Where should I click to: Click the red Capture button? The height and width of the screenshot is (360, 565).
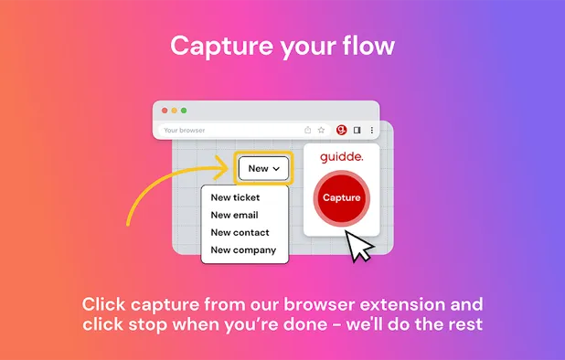click(342, 198)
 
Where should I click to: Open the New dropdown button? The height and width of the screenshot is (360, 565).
click(263, 168)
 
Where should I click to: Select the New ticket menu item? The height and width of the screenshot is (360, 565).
click(235, 197)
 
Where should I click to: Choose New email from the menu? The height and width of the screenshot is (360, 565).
click(234, 215)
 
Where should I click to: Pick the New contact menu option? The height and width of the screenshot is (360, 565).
click(240, 232)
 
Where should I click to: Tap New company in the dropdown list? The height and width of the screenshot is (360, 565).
click(243, 249)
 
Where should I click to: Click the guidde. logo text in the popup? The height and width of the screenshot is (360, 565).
click(342, 157)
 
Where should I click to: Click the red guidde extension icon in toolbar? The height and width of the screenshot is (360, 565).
click(342, 130)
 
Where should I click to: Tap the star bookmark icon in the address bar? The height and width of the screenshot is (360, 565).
click(321, 130)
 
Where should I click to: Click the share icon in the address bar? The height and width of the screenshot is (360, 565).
click(308, 130)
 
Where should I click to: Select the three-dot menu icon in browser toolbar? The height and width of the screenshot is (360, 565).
click(371, 130)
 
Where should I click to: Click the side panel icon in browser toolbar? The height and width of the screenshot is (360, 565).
click(357, 130)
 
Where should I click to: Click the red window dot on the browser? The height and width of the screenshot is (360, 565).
click(165, 111)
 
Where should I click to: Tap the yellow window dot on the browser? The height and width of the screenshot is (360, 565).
click(174, 111)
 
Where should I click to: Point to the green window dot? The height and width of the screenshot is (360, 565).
click(184, 111)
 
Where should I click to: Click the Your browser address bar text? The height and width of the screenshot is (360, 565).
click(185, 131)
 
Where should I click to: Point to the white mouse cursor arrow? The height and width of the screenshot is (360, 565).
click(358, 245)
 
